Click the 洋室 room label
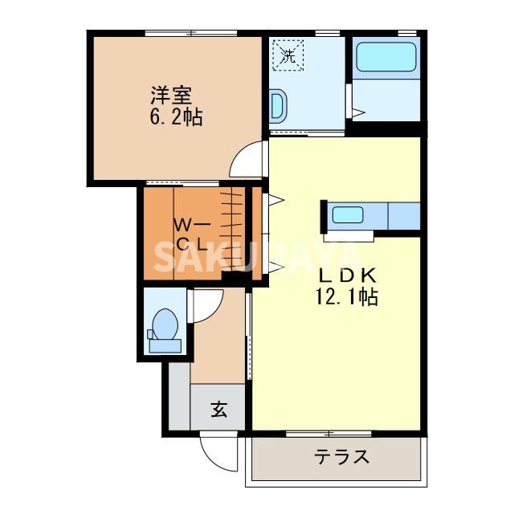coord(169,95)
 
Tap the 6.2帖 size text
coord(176,118)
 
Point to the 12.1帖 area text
coord(346,297)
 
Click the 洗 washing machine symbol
coord(288,55)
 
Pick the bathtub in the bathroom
coord(387,58)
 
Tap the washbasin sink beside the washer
coord(278,105)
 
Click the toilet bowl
coord(166,323)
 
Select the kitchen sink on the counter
coord(348,215)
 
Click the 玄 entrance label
coord(218,410)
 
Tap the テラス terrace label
coord(342,458)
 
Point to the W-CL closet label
coord(193,233)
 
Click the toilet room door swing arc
coord(202,306)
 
